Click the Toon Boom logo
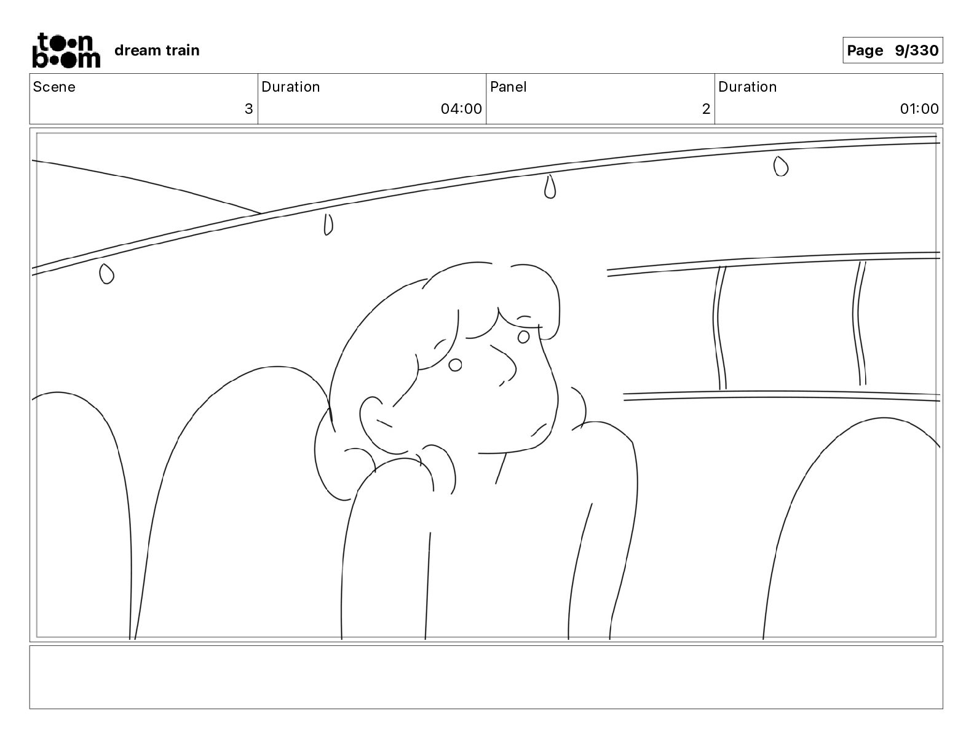(66, 50)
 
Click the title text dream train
(157, 50)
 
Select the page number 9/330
(916, 50)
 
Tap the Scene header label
(54, 87)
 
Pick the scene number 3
(248, 109)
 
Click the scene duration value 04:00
(461, 109)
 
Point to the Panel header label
(508, 87)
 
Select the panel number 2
(706, 109)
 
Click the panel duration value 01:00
(919, 109)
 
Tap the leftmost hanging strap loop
(106, 274)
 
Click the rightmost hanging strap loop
(780, 166)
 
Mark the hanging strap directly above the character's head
(550, 187)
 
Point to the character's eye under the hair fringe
(523, 337)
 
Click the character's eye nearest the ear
(455, 365)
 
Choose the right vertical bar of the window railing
(859, 323)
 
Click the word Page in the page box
(865, 50)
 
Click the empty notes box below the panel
(486, 677)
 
